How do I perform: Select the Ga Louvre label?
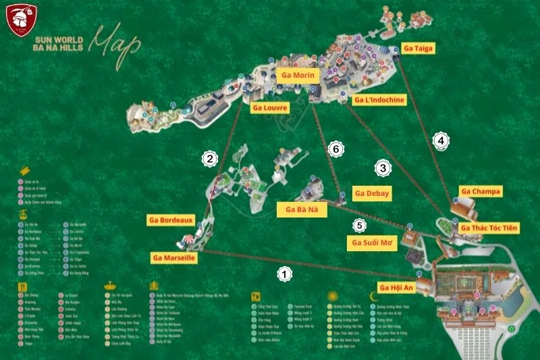tap(270, 107)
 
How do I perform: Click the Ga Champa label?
tap(481, 192)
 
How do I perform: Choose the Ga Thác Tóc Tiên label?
tap(489, 228)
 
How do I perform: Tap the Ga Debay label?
tap(372, 193)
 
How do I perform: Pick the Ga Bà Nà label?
tap(302, 210)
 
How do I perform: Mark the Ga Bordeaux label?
tap(171, 220)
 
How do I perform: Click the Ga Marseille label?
tap(174, 257)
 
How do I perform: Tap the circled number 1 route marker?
tap(286, 274)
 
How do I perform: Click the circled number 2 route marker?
tap(211, 159)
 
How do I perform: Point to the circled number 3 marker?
tap(383, 168)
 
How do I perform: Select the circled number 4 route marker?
tap(440, 140)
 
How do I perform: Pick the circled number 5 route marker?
tap(359, 225)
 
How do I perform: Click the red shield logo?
tap(20, 20)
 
